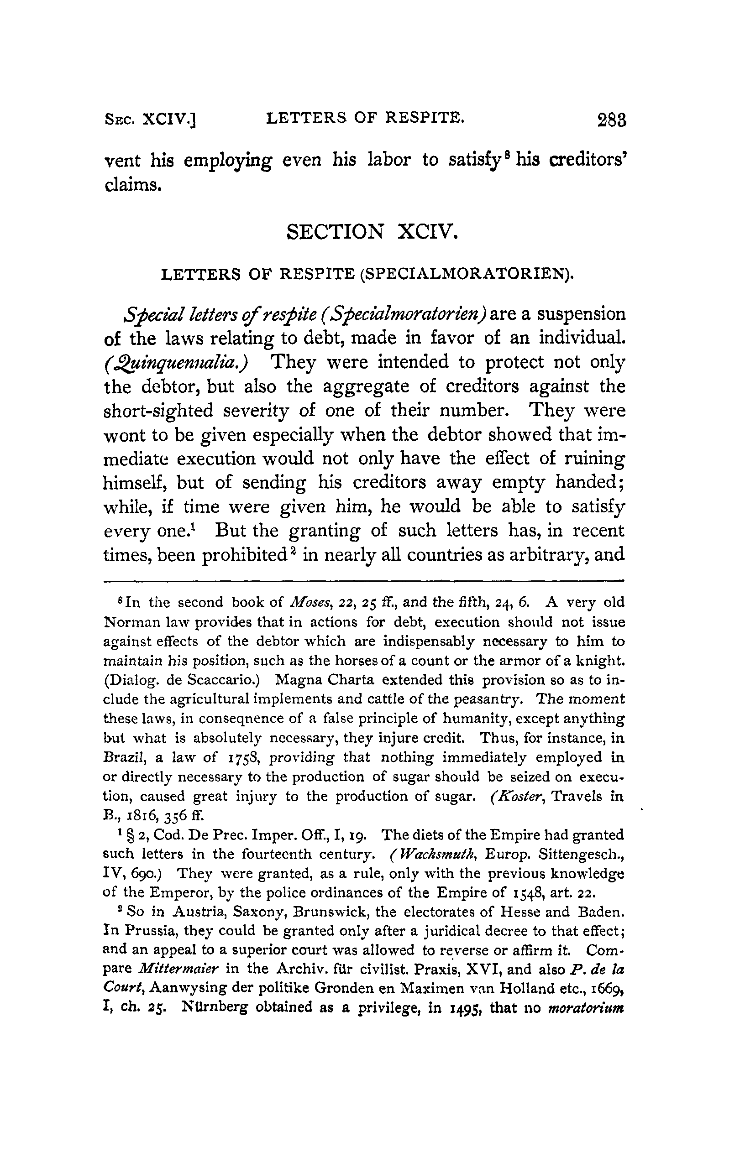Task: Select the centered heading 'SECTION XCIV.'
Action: click(372, 232)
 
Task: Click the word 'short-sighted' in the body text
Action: click(159, 411)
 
